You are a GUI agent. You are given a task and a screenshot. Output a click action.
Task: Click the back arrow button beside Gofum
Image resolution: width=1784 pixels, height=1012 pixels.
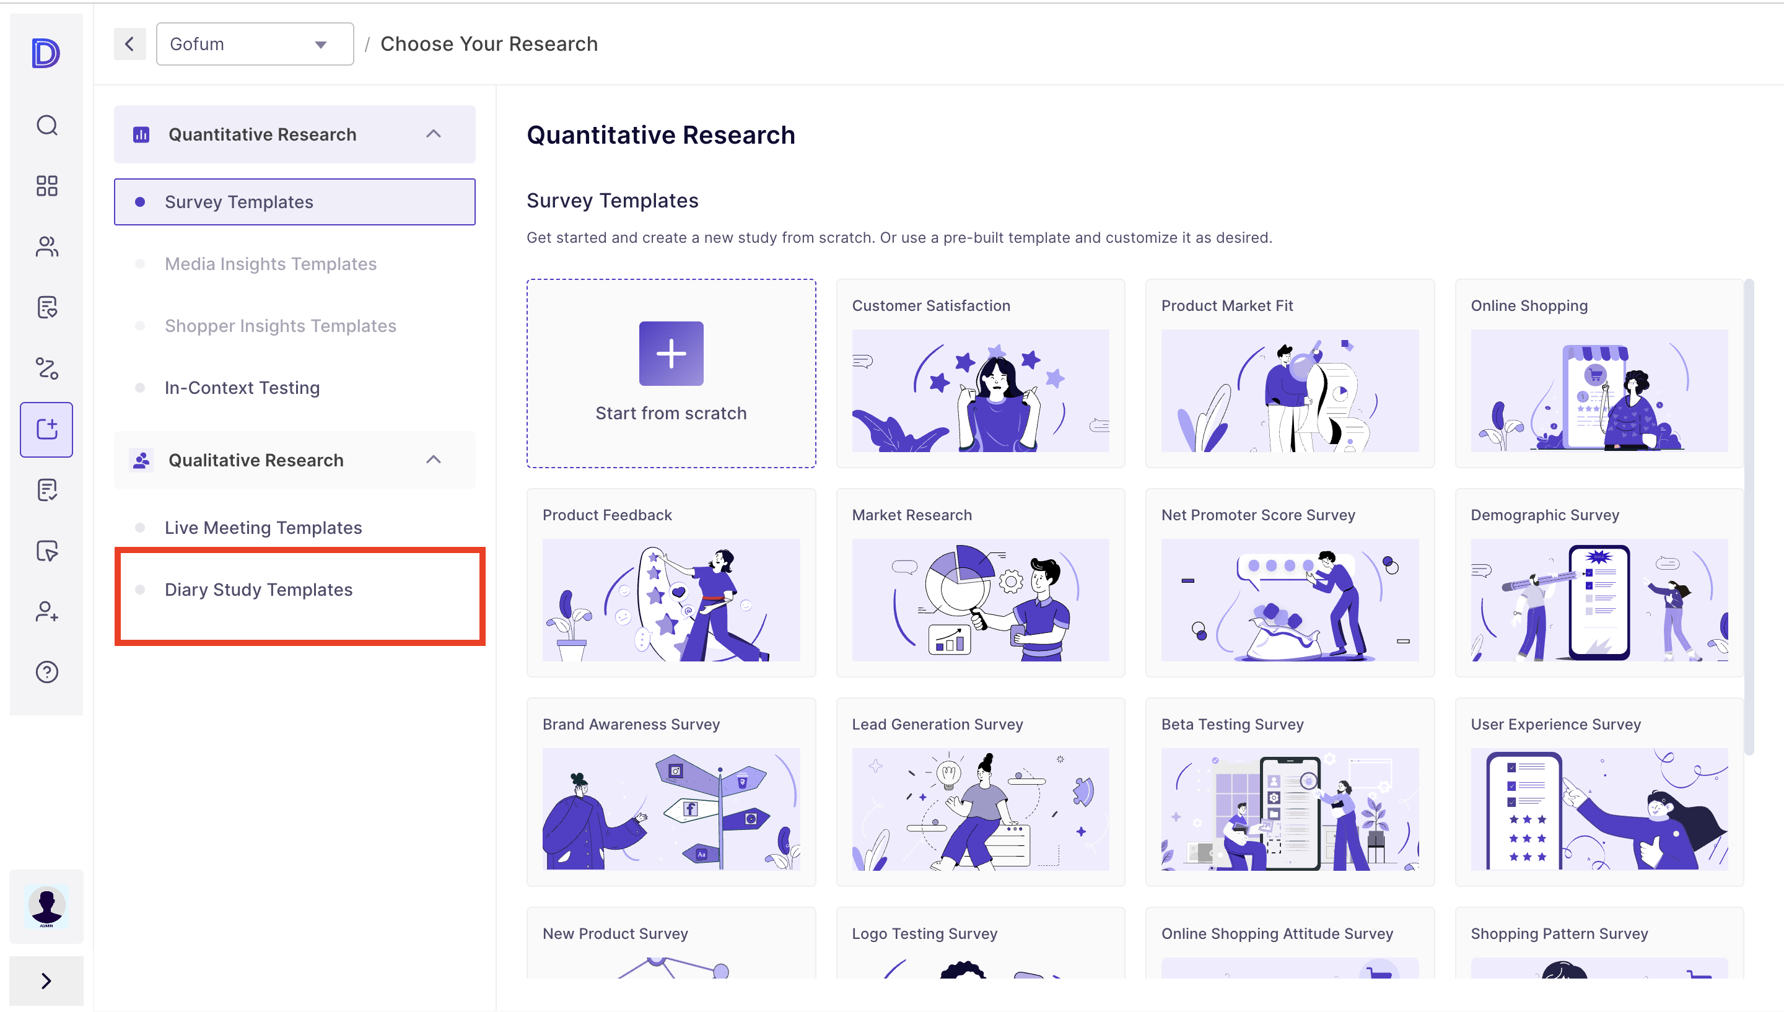coord(130,44)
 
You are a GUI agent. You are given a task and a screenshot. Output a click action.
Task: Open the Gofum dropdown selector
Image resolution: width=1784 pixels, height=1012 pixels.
coord(255,44)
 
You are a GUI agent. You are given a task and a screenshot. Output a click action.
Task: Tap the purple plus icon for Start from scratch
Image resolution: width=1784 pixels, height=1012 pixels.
coord(671,353)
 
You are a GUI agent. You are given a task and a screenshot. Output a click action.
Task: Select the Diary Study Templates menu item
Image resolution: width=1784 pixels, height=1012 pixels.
coord(258,590)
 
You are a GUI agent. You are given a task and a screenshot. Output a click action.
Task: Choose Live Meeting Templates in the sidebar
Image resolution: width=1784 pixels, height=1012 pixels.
coord(263,528)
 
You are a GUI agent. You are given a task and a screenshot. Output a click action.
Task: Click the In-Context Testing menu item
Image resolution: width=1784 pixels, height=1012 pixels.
coord(242,388)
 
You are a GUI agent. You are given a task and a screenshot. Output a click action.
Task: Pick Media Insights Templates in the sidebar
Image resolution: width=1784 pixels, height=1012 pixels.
coord(270,264)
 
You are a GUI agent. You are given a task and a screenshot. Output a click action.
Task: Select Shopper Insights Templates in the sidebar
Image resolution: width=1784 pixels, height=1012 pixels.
coord(280,326)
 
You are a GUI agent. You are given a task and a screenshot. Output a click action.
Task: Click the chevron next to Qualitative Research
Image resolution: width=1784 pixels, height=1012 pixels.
coord(434,460)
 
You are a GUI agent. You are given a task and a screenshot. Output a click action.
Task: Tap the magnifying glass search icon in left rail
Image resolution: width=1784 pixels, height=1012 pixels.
coord(46,125)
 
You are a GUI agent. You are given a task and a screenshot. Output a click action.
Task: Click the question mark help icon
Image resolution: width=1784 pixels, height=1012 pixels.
coord(46,672)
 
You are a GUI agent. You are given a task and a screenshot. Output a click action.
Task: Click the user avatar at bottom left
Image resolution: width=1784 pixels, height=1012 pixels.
coord(46,906)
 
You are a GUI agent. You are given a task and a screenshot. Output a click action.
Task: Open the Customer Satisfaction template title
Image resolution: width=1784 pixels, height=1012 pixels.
coord(931,306)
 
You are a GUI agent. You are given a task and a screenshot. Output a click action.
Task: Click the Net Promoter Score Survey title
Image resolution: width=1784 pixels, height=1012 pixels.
coord(1258,515)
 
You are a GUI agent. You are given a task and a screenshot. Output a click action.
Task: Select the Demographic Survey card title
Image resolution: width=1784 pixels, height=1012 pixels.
coord(1544,515)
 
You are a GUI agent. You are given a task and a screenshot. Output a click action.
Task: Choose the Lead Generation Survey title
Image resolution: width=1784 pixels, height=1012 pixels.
coord(937,724)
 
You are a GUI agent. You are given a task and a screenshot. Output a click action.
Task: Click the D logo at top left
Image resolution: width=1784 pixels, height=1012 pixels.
coord(46,53)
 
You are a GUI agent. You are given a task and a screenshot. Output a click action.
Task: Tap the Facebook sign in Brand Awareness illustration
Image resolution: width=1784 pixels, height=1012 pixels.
coord(690,809)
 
